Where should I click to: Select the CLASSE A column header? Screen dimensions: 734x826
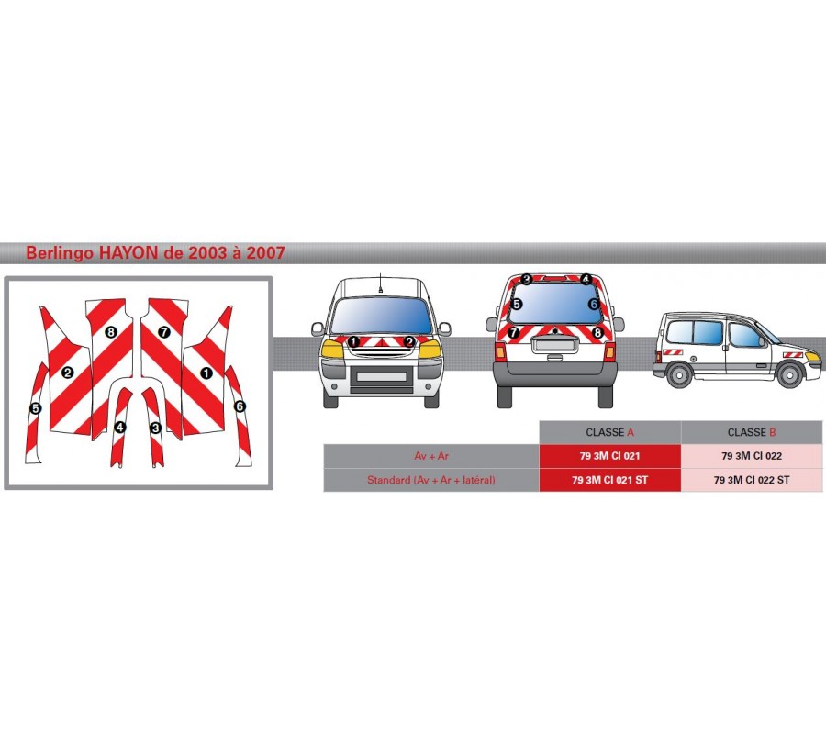609,432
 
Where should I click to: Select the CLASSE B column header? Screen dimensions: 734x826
752,432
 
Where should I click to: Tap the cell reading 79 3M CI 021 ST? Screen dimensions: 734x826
609,480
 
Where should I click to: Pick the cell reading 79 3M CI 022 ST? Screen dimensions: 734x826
752,480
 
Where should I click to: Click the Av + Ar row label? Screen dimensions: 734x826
430,456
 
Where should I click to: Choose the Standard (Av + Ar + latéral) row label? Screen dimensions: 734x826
430,480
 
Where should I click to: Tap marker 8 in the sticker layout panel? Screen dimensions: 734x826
111,331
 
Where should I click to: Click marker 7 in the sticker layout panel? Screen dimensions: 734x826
164,331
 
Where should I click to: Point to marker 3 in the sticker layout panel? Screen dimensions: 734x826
155,428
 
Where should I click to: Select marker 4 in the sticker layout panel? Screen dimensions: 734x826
120,428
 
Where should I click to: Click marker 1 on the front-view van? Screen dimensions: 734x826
353,341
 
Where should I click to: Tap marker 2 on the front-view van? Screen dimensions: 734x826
408,341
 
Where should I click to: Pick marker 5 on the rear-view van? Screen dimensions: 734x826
517,304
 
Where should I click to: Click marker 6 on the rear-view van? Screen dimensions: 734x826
594,304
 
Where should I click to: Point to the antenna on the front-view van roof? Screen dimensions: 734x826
378,285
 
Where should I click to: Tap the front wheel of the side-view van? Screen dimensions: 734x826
788,375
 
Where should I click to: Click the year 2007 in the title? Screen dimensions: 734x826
263,252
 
